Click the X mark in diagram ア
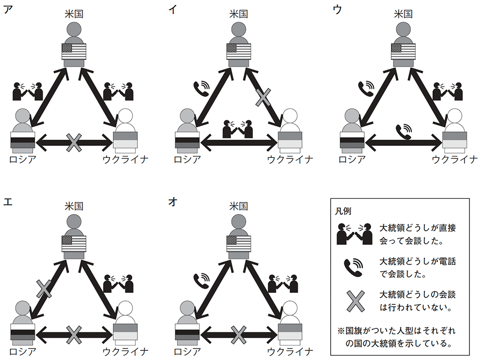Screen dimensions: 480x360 coord(74,143)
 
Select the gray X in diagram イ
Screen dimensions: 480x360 coord(263,97)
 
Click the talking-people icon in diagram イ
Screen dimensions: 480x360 coord(238,129)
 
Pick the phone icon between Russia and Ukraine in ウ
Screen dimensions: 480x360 coord(404,132)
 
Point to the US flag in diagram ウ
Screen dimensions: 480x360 coord(403,51)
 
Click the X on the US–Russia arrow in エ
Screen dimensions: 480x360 coord(44,288)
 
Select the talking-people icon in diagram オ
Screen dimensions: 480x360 coord(283,284)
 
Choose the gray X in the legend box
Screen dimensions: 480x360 coord(355,301)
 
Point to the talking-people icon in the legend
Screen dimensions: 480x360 coord(355,234)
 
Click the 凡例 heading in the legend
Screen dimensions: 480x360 coord(343,211)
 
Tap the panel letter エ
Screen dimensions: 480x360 coord(8,202)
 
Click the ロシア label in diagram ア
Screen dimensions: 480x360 coord(23,159)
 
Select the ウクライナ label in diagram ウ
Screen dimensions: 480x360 coord(455,159)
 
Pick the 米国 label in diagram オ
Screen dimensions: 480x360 coord(239,206)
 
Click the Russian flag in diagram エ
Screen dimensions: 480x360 coord(23,332)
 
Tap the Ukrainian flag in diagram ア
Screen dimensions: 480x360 coord(125,140)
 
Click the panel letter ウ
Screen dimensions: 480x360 coord(337,10)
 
